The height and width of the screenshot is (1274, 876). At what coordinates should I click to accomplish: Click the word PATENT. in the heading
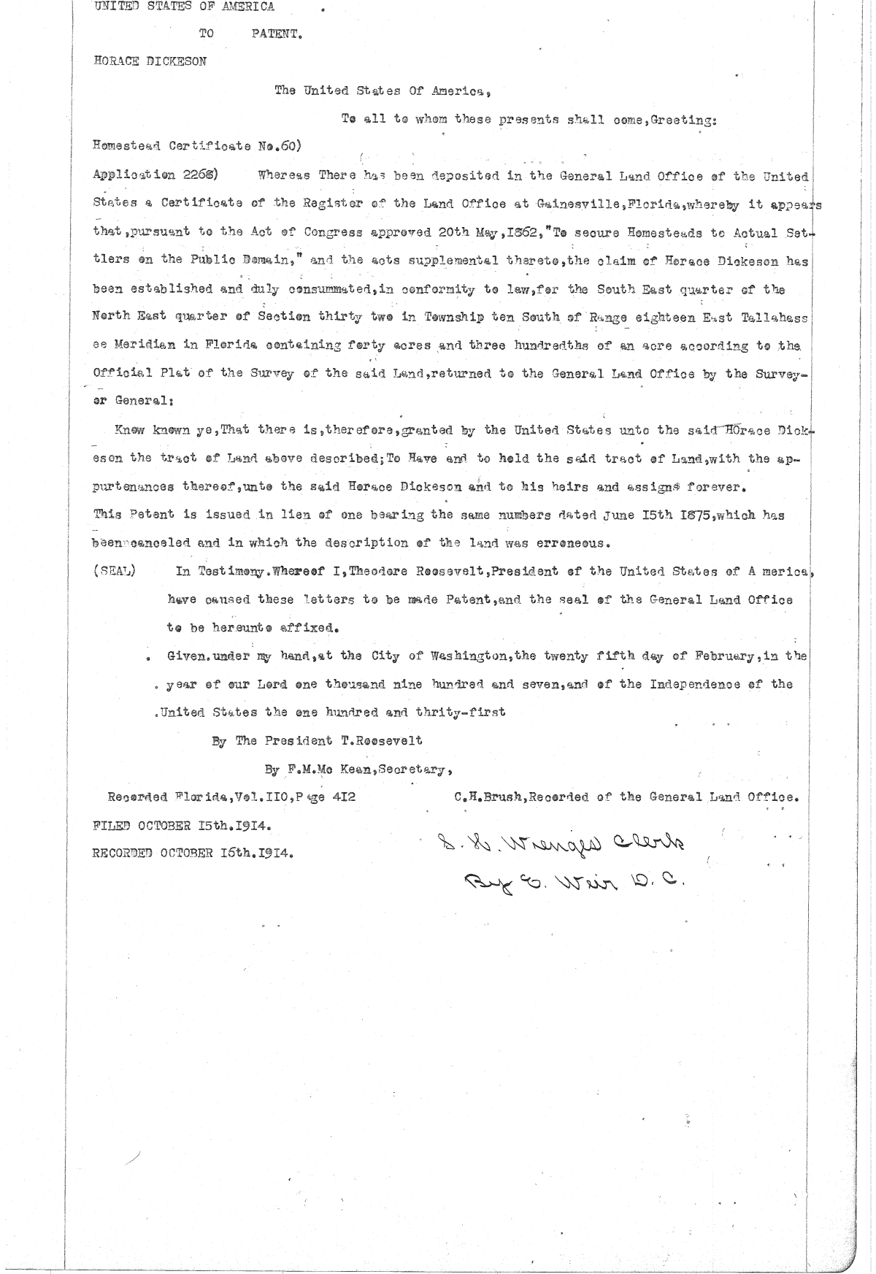277,33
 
